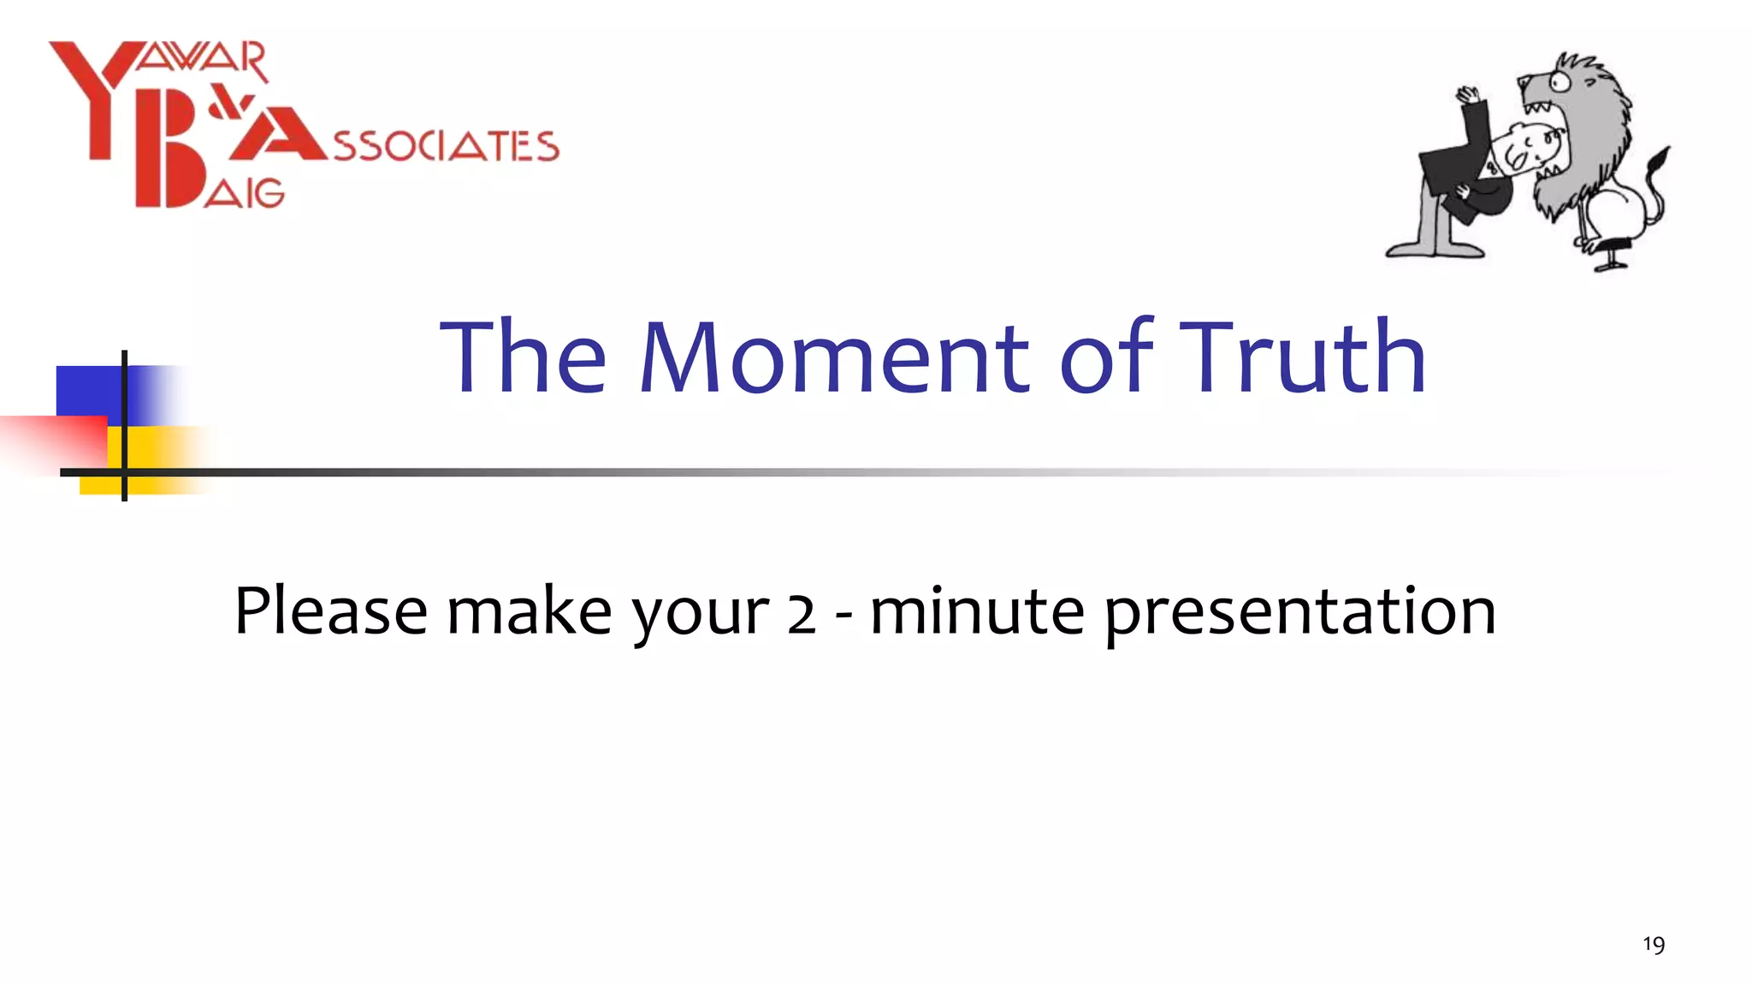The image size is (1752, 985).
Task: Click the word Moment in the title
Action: click(x=834, y=357)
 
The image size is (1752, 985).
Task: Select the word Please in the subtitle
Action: click(x=330, y=612)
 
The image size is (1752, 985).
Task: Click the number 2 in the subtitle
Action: click(x=801, y=614)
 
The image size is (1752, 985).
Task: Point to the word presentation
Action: click(x=1299, y=614)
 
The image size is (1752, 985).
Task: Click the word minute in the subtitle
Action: click(x=977, y=612)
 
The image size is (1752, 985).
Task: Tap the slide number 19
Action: click(x=1653, y=945)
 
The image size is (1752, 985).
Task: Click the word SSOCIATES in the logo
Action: click(x=446, y=147)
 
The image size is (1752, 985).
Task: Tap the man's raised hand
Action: click(x=1468, y=94)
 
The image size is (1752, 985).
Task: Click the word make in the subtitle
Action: click(x=529, y=612)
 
